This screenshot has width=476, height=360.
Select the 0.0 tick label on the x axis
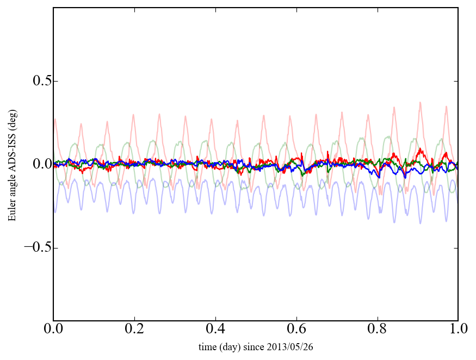tap(53, 330)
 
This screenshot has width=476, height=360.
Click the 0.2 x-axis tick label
tap(134, 330)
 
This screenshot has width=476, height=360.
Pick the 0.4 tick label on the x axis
tap(215, 330)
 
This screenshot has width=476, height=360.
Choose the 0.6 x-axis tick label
tap(296, 330)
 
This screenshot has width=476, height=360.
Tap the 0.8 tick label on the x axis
tap(377, 330)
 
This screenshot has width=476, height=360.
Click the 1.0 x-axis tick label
tap(458, 330)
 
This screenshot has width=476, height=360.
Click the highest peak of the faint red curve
tap(420, 102)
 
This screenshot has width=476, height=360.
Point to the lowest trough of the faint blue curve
tap(420, 223)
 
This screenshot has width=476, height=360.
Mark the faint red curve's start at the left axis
tap(54, 120)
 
